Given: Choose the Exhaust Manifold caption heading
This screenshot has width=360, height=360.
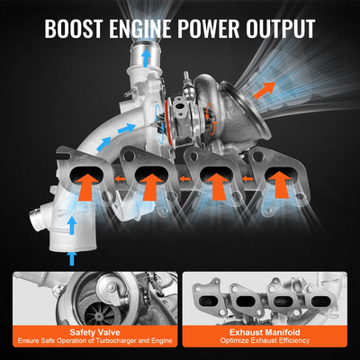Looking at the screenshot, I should coord(268,331).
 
